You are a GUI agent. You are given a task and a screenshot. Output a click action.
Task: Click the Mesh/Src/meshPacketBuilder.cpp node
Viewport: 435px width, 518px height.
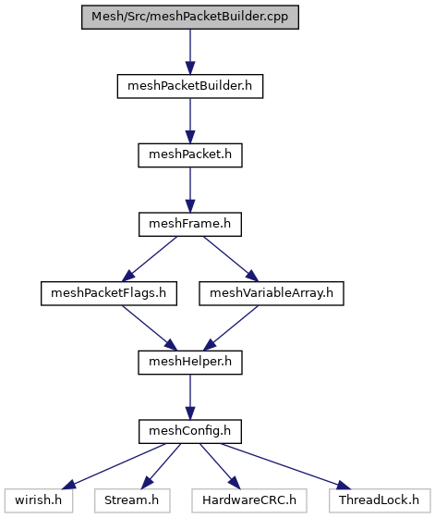click(x=190, y=17)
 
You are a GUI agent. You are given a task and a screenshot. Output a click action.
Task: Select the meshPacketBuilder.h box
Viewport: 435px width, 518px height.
click(x=190, y=86)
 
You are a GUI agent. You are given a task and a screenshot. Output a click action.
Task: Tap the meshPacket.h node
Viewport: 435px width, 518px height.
click(x=190, y=155)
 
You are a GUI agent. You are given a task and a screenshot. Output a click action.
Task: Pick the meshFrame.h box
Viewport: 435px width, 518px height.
click(x=190, y=224)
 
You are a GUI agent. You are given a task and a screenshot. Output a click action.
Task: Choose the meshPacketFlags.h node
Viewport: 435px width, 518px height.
click(x=109, y=293)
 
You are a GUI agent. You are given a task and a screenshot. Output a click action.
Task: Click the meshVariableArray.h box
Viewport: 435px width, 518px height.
click(x=272, y=293)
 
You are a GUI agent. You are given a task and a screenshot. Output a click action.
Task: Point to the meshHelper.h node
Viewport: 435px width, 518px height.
click(x=190, y=363)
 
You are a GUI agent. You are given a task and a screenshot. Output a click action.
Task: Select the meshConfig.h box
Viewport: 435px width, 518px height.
click(x=190, y=431)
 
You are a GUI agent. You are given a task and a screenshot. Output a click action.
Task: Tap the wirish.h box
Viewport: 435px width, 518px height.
click(x=39, y=500)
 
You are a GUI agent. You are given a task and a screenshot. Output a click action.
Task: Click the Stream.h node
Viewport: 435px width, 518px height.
click(x=132, y=500)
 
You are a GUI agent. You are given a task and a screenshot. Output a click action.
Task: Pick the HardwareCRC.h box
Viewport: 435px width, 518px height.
click(x=249, y=500)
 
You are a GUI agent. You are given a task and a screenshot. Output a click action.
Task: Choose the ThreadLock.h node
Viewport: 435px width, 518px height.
click(x=380, y=500)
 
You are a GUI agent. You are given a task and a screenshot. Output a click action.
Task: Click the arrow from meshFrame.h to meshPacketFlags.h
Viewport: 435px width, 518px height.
click(x=150, y=259)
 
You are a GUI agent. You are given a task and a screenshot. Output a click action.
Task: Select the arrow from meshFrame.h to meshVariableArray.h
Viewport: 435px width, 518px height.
click(x=231, y=259)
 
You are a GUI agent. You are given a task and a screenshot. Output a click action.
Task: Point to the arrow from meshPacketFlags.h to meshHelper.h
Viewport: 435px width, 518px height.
click(x=150, y=328)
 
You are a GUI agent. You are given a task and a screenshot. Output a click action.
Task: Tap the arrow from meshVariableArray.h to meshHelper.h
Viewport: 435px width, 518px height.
click(x=231, y=328)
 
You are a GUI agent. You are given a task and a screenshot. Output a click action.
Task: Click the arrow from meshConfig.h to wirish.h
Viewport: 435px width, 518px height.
click(x=114, y=466)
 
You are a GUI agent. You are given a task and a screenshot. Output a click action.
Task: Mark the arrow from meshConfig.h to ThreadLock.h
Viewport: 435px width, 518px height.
click(x=286, y=466)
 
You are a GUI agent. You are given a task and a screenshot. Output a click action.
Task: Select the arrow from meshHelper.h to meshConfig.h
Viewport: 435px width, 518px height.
click(x=190, y=397)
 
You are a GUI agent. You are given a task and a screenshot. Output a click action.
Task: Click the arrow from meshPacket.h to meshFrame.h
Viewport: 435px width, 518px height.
click(x=190, y=190)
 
